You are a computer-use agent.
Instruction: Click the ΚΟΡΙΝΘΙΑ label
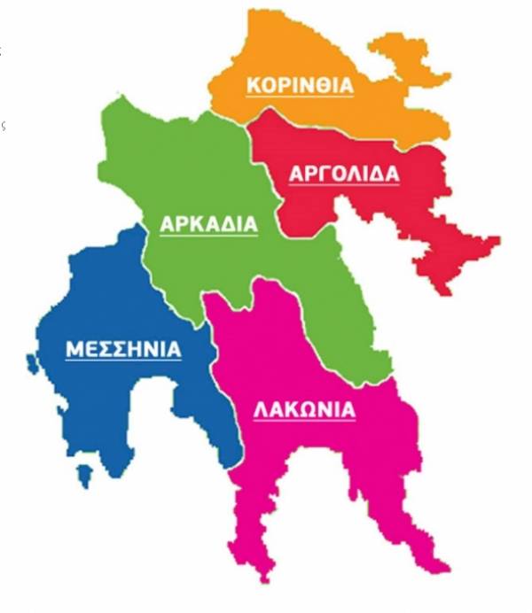(x=300, y=85)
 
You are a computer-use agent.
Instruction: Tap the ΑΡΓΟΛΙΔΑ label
(x=344, y=174)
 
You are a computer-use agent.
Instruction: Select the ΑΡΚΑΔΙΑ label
(x=208, y=224)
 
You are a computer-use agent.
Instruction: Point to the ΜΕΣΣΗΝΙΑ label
(x=123, y=349)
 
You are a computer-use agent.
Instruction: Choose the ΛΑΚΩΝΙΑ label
(x=304, y=410)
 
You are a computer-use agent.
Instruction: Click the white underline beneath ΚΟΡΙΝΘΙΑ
(x=300, y=97)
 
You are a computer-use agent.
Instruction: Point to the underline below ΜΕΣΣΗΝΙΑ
(x=123, y=361)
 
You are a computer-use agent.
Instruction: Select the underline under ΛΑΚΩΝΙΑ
(x=304, y=423)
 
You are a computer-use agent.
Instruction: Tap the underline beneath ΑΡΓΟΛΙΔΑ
(x=344, y=186)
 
